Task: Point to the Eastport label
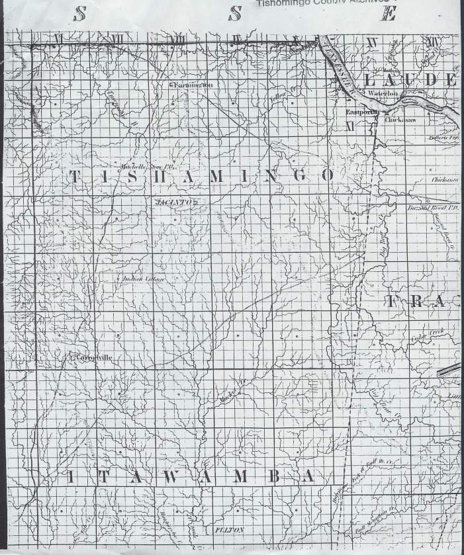click(x=359, y=112)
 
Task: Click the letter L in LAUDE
click(x=371, y=80)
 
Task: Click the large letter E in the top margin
click(x=387, y=13)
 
